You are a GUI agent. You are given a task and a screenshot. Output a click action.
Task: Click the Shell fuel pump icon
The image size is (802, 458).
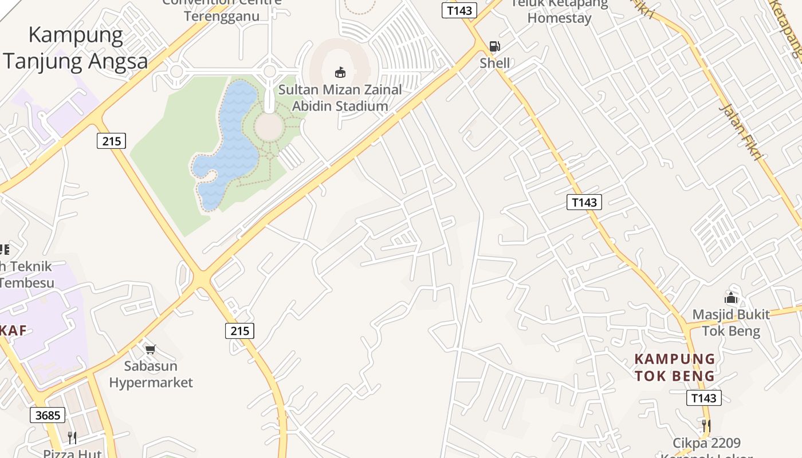494,46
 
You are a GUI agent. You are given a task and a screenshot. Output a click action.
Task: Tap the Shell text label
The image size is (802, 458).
495,63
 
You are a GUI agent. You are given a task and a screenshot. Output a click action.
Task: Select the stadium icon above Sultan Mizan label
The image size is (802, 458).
340,72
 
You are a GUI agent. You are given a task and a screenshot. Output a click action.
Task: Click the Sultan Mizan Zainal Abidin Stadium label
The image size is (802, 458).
340,98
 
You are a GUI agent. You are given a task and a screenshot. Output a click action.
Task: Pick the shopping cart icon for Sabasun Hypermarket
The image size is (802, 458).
151,349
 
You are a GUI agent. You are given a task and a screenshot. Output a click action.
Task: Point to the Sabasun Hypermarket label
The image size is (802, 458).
151,374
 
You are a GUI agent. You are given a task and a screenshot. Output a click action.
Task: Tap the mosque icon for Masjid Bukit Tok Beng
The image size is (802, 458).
731,298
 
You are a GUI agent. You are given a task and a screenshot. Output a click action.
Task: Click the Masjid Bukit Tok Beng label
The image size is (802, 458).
731,323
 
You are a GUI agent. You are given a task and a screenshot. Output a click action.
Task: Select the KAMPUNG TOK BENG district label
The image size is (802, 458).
675,368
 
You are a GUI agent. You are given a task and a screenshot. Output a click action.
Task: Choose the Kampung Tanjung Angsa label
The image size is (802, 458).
76,48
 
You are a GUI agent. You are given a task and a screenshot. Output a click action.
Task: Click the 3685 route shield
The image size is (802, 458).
48,415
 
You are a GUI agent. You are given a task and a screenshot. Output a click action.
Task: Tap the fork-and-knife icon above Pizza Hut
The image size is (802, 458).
72,438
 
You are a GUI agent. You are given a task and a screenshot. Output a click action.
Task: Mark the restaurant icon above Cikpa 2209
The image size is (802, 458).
706,426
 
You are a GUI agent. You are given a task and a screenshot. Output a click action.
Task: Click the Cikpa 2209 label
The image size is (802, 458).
706,443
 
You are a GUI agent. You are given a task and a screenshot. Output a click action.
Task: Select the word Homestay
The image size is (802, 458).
559,18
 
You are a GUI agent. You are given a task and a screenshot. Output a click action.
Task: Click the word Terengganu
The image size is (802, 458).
222,15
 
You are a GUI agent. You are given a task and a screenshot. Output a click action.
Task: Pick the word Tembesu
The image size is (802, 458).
27,283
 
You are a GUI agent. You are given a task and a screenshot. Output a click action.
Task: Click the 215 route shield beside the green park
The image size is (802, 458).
111,140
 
